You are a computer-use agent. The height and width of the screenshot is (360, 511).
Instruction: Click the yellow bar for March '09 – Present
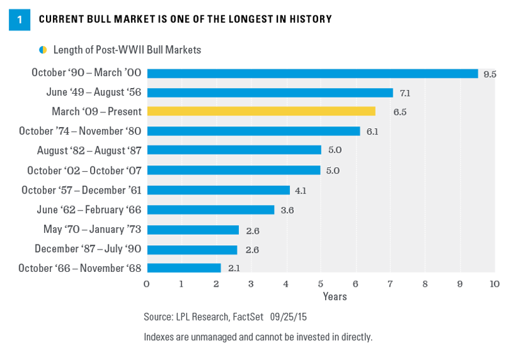(x=261, y=112)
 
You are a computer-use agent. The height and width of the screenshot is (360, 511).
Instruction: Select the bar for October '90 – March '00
(x=312, y=73)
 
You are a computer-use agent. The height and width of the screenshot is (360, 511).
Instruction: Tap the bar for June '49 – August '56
(x=270, y=93)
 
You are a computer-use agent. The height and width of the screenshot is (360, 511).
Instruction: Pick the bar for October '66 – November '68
(x=184, y=268)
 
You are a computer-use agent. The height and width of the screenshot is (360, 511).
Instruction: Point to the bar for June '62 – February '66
(x=210, y=209)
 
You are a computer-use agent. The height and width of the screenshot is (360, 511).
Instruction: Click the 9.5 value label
(x=490, y=74)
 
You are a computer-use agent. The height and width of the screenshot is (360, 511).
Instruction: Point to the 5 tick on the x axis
(x=320, y=283)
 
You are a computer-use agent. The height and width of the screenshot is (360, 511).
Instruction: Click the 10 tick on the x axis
(x=493, y=283)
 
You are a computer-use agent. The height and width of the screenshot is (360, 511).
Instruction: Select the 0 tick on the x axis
(x=147, y=283)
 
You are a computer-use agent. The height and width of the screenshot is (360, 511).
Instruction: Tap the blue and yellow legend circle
(x=43, y=50)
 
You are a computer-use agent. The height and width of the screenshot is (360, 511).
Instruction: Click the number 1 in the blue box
(x=19, y=20)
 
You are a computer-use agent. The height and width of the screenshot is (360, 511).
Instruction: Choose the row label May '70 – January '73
(x=89, y=229)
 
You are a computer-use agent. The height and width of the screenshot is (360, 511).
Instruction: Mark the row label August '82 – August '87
(x=88, y=151)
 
